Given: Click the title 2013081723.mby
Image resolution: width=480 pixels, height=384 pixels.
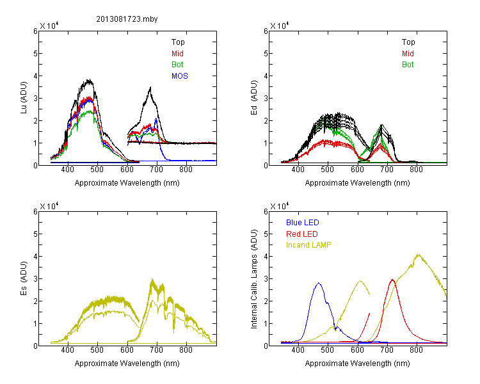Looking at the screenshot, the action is tap(127, 19).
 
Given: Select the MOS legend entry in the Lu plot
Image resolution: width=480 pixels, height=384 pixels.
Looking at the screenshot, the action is tap(180, 76).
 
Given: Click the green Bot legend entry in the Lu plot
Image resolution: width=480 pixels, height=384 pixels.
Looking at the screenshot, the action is tap(177, 65).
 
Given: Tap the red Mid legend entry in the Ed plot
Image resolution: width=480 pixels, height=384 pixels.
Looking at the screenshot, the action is tap(408, 54).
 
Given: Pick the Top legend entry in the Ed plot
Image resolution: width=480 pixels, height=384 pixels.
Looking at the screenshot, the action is tap(408, 42).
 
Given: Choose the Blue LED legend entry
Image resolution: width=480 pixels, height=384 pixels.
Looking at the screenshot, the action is tap(303, 223).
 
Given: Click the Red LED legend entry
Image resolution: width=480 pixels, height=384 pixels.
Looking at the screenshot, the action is tap(302, 234).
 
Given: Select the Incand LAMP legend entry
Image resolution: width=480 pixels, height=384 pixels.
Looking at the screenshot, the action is tap(308, 245).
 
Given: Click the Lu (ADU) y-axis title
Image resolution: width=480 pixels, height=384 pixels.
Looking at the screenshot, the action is tap(24, 98).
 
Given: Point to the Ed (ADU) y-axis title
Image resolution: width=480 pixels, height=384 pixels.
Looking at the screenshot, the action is tap(254, 98).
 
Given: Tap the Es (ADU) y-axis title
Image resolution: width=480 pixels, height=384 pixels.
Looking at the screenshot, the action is tap(24, 278).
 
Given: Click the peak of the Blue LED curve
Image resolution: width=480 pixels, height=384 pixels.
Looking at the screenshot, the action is tap(319, 283).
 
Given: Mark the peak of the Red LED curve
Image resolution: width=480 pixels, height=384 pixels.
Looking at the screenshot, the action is tap(392, 280).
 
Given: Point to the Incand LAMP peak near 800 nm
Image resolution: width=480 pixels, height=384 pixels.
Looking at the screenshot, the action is tap(418, 255).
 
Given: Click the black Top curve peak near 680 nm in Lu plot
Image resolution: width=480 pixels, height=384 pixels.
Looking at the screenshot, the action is tap(150, 87).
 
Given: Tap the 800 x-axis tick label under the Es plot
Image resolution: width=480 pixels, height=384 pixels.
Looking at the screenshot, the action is tap(186, 349).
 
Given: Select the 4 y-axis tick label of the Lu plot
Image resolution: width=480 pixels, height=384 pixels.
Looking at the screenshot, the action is tap(35, 76).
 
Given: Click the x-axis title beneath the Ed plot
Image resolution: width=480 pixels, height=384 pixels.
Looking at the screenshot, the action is tap(357, 183).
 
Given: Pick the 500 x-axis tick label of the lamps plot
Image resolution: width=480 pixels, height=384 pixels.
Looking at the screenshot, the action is tap(328, 349).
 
